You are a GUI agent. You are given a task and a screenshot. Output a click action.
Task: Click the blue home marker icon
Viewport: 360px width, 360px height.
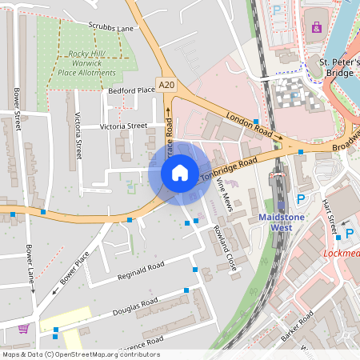179,172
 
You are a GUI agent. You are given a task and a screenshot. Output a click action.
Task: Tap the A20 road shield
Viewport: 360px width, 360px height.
166,85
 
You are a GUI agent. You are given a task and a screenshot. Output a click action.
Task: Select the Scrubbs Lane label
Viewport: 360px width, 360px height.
111,27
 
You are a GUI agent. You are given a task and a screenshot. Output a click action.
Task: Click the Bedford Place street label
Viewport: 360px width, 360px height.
131,90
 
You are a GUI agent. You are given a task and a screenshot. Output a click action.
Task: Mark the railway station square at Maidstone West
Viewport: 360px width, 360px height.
278,174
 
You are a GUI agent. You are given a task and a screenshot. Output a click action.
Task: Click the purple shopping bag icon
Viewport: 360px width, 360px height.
316,28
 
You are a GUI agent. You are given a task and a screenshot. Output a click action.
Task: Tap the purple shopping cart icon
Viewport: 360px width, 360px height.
23,328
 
